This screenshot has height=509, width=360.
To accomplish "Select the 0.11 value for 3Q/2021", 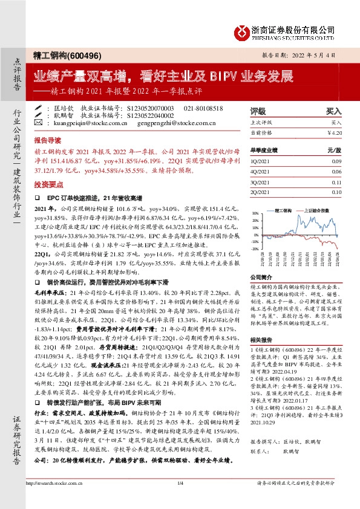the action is click(x=337, y=181).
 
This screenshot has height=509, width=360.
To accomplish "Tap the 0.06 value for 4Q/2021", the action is click(x=337, y=172).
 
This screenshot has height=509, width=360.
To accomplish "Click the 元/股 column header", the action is click(x=335, y=150).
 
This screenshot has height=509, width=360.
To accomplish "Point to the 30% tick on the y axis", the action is click(x=255, y=213).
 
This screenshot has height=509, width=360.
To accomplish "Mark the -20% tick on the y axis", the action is click(x=255, y=248).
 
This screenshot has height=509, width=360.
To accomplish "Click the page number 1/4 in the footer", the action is click(x=180, y=499).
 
